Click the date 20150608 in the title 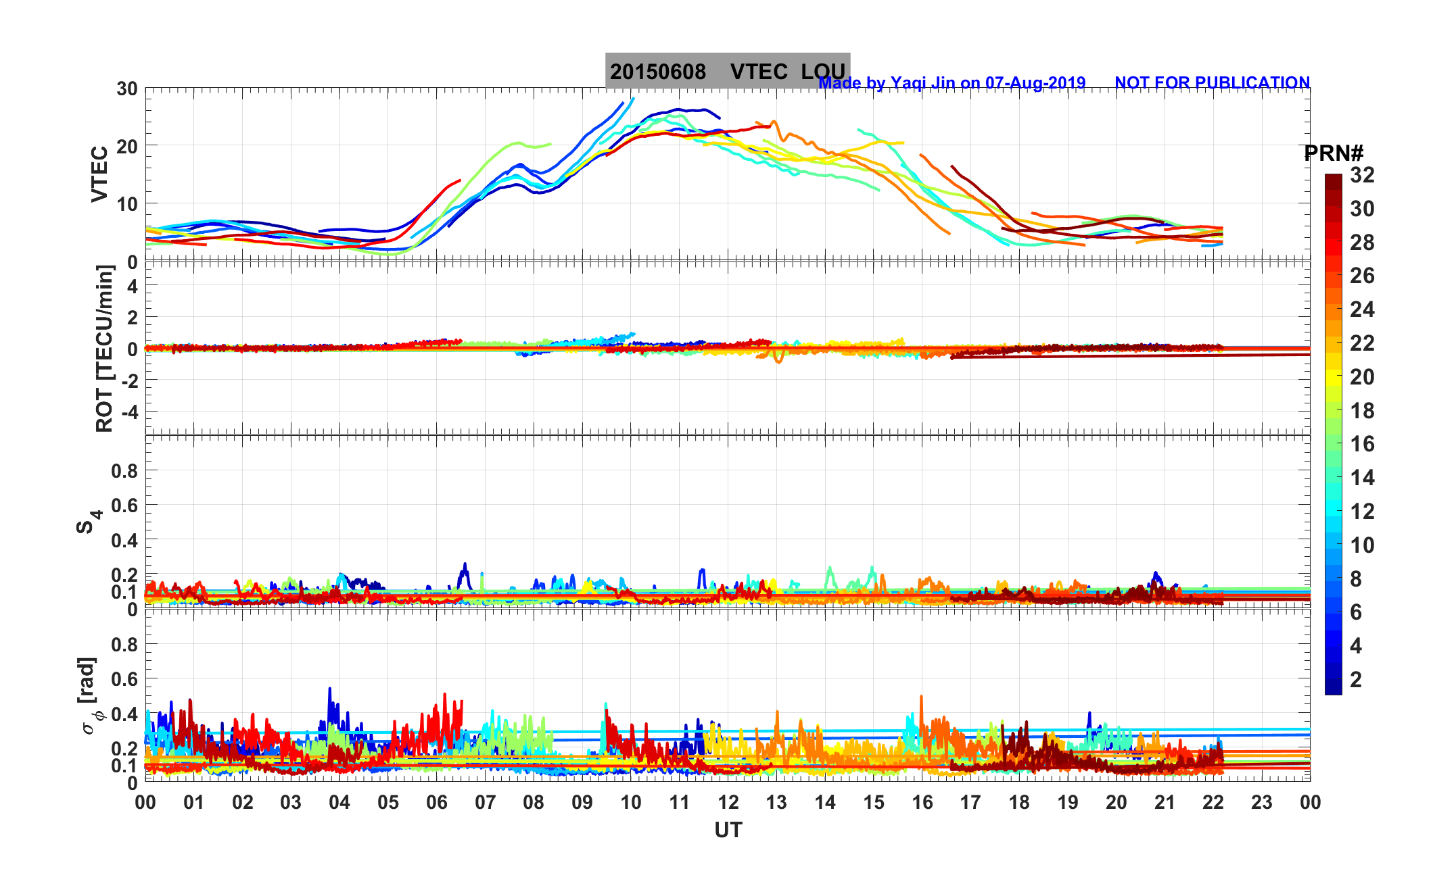point(657,72)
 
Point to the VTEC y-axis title point(99,174)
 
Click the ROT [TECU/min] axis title point(104,348)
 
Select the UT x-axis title point(728,830)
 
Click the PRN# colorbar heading point(1333,153)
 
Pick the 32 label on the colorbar point(1362,176)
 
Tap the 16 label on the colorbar point(1362,444)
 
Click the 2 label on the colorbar point(1355,680)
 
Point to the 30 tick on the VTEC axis point(126,89)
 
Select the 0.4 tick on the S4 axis point(124,541)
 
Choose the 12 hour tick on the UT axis point(728,803)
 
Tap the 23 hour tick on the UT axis point(1262,803)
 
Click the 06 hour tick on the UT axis point(437,803)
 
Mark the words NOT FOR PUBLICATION point(1212,83)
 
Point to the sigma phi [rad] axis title point(91,695)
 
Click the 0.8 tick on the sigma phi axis point(124,645)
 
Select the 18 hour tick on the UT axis point(1019,803)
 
